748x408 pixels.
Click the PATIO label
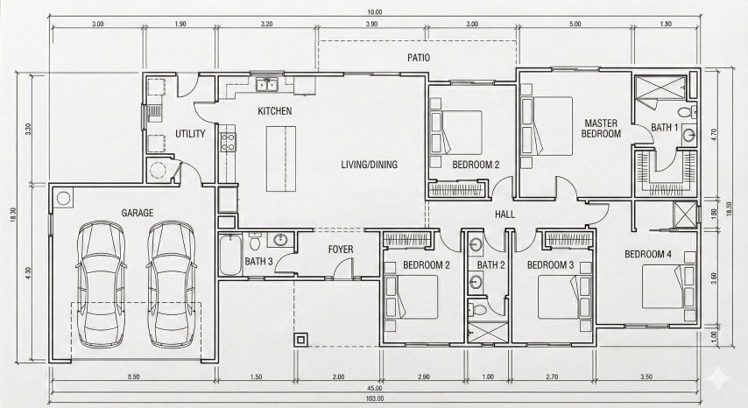[x=418, y=58]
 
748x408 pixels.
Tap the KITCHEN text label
[x=274, y=111]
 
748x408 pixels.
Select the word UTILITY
[x=190, y=134]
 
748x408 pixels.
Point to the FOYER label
[x=341, y=250]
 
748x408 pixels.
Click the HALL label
[x=505, y=214]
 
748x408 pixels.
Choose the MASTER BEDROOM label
[x=602, y=129]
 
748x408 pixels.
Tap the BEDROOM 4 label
[x=648, y=255]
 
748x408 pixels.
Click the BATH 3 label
[x=258, y=262]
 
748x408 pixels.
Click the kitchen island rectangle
[x=281, y=158]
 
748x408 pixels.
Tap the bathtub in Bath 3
[x=229, y=255]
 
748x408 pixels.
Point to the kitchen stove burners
[x=228, y=140]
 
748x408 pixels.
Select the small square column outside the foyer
[x=302, y=339]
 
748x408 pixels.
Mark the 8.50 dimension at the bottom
[x=133, y=376]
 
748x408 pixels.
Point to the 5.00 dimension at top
[x=575, y=25]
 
